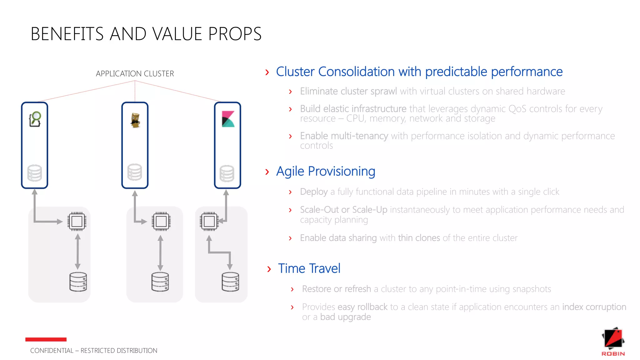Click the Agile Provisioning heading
[325, 171]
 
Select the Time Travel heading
[309, 268]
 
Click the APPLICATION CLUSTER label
[135, 74]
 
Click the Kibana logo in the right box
[228, 119]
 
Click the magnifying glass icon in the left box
[35, 119]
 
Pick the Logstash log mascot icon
[135, 120]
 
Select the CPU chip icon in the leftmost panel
[77, 222]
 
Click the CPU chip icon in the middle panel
[161, 222]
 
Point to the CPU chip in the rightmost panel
[209, 222]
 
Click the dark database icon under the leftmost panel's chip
[78, 282]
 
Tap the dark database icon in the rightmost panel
[230, 282]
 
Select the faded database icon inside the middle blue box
[135, 172]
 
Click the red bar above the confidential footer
[46, 339]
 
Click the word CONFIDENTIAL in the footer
[52, 351]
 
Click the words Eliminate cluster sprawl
[348, 91]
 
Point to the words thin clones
[419, 238]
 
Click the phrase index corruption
[594, 307]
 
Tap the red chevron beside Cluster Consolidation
[267, 72]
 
